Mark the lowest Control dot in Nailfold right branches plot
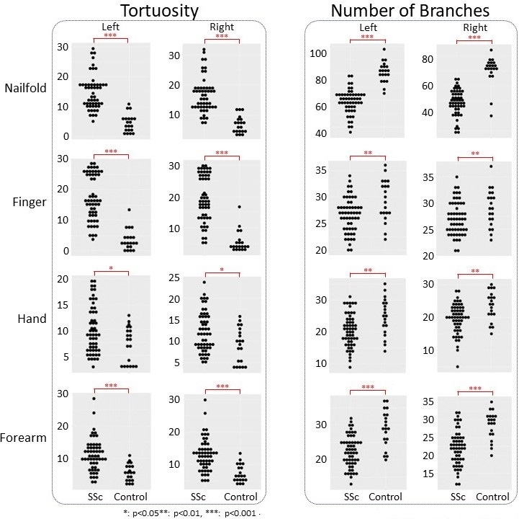coord(491,115)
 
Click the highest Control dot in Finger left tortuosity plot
coord(130,210)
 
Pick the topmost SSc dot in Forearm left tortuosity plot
coord(93,399)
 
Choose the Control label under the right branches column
coord(492,497)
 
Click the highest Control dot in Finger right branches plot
coord(491,166)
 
